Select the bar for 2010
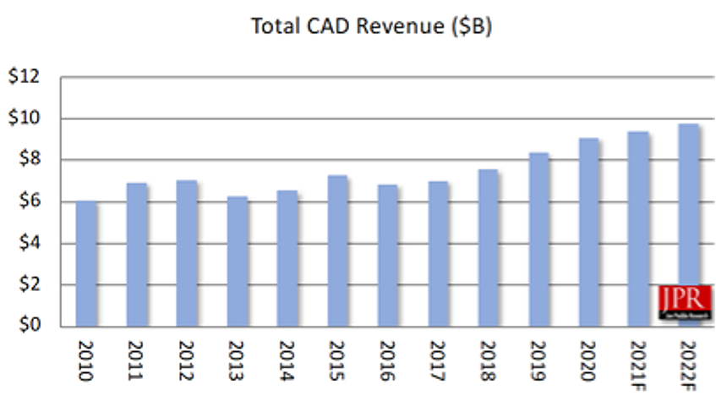86,264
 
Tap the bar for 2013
238,261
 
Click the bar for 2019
538,239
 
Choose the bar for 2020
588,233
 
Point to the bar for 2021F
638,229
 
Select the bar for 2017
438,254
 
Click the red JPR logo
685,302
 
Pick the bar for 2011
137,255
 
